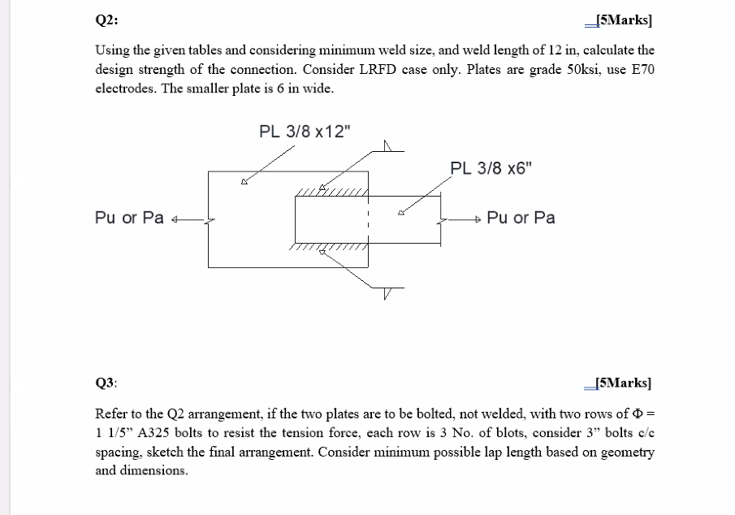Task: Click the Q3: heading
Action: (x=106, y=382)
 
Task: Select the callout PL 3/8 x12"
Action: (x=306, y=131)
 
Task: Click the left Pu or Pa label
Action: (x=129, y=218)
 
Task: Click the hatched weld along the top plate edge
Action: (x=332, y=193)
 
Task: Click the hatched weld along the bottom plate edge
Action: (x=329, y=246)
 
